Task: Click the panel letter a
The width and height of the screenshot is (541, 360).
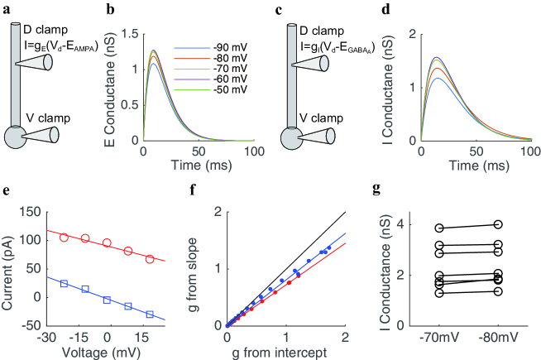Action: point(7,9)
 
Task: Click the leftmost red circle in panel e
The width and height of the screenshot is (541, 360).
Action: point(64,238)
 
